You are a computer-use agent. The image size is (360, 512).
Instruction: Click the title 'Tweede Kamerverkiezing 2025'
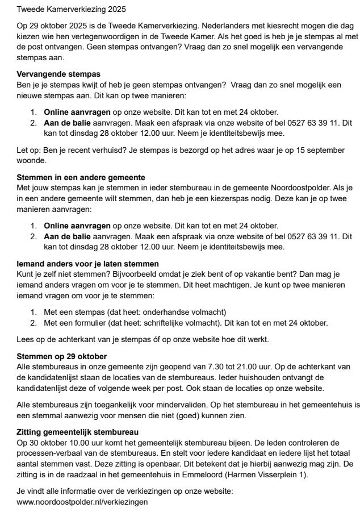click(x=72, y=10)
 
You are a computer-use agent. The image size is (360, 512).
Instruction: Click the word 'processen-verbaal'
click(x=52, y=452)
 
